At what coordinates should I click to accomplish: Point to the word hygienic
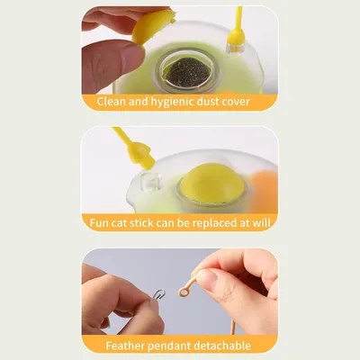170,101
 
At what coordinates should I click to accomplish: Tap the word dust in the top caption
216,101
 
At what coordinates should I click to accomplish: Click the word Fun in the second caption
102,222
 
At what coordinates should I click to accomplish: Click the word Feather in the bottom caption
130,345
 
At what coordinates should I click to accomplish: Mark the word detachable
229,345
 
